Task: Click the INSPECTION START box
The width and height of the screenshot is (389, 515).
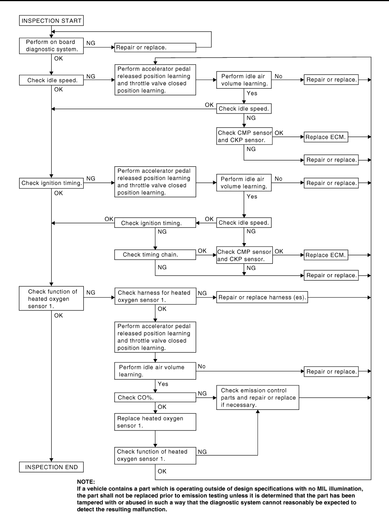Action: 51,21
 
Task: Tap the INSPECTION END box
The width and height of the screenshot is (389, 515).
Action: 51,467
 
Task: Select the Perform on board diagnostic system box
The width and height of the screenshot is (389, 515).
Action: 51,46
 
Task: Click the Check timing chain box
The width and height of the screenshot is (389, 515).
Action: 155,255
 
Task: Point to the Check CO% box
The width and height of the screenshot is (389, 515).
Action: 155,397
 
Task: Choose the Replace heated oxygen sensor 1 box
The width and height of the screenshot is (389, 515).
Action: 155,422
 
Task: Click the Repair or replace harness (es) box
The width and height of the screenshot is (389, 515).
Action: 262,297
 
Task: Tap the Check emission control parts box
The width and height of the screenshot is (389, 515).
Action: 258,398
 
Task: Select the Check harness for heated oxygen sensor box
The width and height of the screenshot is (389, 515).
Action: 155,296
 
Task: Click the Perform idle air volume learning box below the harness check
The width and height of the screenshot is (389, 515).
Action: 155,371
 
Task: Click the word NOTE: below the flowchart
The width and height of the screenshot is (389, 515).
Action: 86,482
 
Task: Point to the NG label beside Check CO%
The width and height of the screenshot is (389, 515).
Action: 202,393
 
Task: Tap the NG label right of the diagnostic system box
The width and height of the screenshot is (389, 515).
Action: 91,43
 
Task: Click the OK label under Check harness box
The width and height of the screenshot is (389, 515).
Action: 162,309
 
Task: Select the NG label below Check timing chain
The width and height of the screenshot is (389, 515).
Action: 162,267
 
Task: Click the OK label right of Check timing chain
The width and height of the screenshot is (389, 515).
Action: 202,251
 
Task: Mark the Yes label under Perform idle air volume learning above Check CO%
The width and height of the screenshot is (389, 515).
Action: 163,384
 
